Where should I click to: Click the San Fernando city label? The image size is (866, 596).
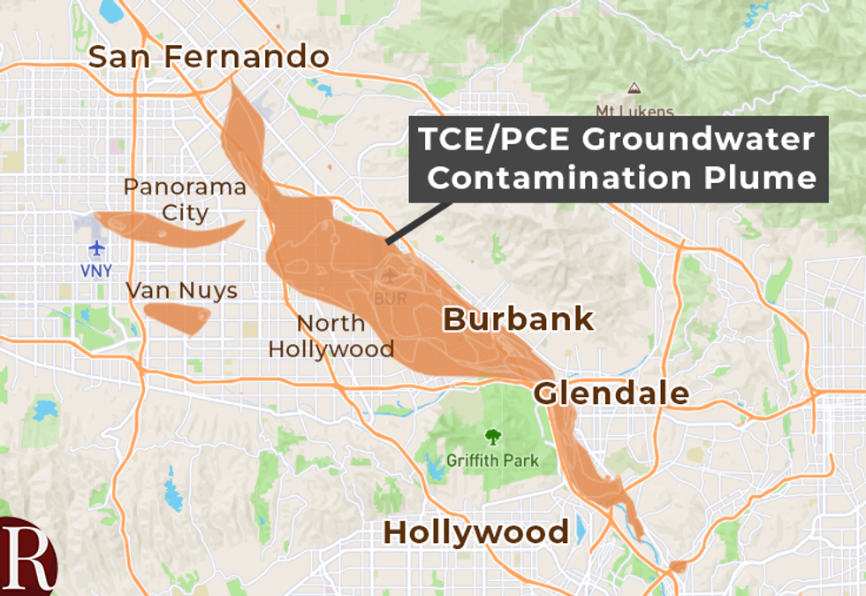[209, 57]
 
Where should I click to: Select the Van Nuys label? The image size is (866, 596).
[181, 290]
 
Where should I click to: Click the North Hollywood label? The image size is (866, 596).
[331, 336]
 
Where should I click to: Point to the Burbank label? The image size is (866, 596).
[518, 319]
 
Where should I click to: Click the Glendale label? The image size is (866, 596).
[612, 393]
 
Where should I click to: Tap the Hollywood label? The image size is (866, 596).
[475, 532]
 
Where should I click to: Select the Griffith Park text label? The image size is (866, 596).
[492, 461]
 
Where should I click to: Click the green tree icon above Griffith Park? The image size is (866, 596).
[492, 436]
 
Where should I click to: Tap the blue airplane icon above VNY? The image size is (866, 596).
[97, 248]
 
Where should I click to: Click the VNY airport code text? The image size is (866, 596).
[96, 271]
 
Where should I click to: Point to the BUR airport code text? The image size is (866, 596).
[391, 299]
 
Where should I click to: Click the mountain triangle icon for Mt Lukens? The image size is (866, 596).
[634, 88]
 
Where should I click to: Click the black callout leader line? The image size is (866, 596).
[420, 221]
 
